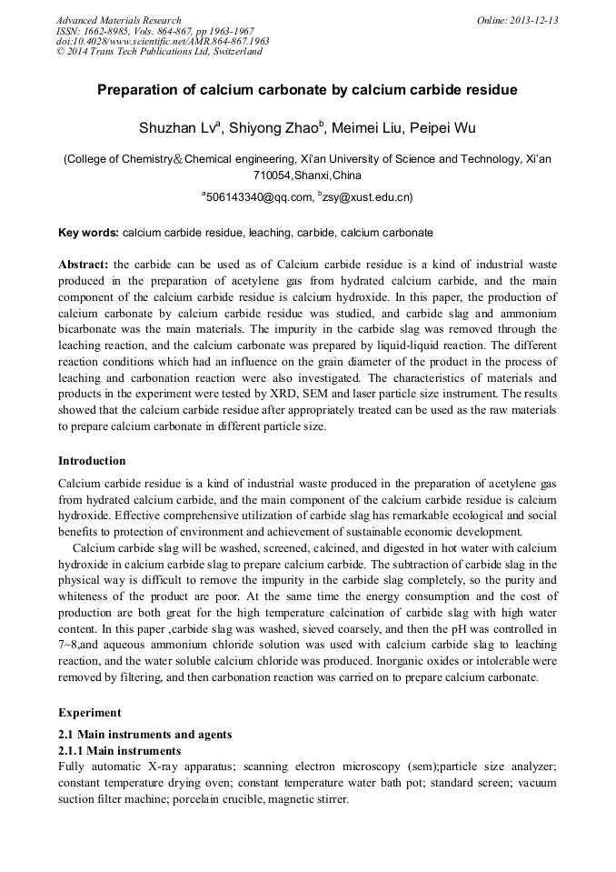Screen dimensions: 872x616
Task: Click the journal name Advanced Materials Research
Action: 118,20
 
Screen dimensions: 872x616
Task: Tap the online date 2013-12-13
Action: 533,20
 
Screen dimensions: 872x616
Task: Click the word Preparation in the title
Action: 142,91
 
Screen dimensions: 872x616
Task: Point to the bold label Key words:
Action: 88,233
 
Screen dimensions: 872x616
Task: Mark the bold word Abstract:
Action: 84,265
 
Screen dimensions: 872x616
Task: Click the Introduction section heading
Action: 92,461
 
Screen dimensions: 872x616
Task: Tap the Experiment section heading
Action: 89,713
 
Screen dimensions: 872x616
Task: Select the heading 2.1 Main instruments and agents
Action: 144,735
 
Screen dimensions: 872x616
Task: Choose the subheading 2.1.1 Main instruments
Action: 119,751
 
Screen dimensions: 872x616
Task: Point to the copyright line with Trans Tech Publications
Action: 159,52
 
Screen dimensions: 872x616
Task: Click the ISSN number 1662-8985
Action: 107,31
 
